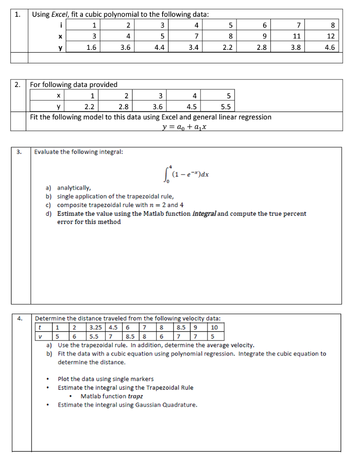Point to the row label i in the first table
[x=60, y=25]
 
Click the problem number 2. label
[x=17, y=84]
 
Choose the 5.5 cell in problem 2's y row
[x=225, y=107]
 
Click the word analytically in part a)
[x=74, y=188]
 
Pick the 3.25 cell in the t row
[x=96, y=328]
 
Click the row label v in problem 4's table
[x=41, y=336]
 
